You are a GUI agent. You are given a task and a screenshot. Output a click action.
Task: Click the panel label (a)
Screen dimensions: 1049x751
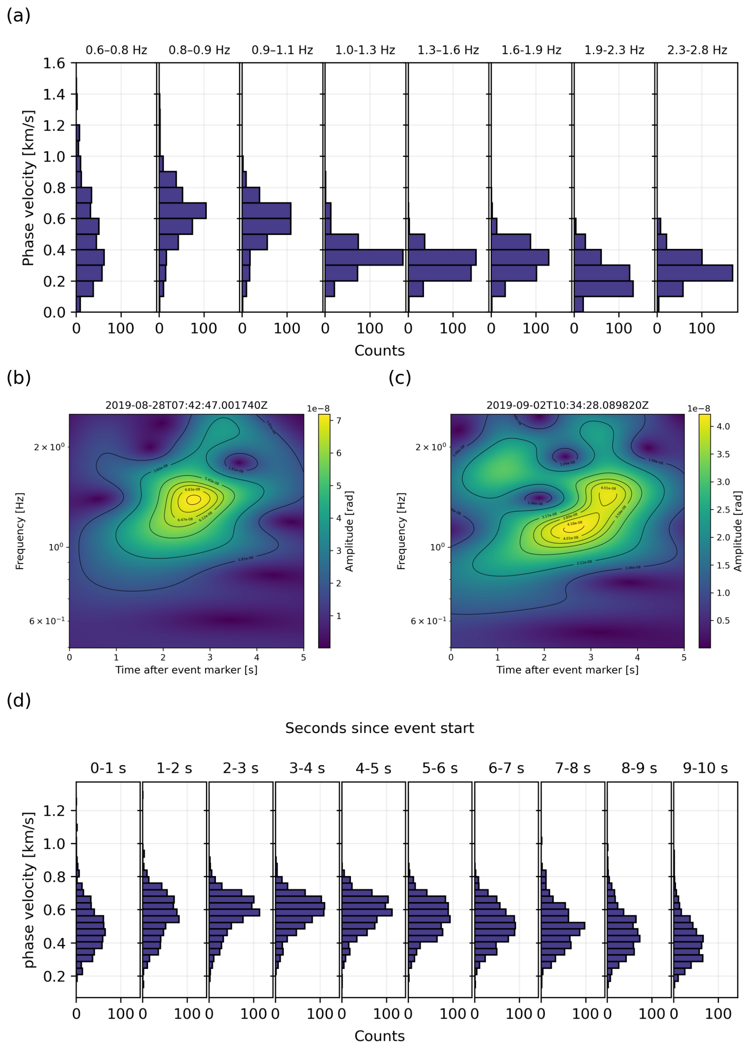pos(19,16)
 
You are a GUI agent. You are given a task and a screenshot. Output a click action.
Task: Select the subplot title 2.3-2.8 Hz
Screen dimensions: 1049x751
pos(697,50)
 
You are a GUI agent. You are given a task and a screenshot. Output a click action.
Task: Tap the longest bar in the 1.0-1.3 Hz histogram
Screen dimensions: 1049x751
pos(364,258)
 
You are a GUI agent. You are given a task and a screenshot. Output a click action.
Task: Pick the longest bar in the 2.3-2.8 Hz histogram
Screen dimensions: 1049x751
pos(695,273)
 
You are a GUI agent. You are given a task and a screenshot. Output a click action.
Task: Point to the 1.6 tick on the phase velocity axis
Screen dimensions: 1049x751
pos(54,64)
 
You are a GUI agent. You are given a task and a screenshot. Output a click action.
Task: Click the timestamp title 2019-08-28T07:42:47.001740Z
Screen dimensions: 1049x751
pos(187,406)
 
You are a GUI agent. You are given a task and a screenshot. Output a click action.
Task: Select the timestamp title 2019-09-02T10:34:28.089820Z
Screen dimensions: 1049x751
pos(567,406)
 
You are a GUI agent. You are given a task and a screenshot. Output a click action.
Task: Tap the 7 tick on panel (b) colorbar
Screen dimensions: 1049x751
pos(339,421)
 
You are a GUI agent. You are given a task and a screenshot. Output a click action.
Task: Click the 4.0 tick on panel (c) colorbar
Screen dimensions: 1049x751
pos(723,426)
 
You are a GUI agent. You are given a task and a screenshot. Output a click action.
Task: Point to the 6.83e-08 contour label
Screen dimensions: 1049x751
pos(193,489)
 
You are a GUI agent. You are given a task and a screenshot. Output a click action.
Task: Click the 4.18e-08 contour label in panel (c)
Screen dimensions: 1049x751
pos(575,524)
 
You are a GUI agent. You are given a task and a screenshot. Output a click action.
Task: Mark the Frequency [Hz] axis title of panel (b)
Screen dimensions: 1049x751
pos(20,531)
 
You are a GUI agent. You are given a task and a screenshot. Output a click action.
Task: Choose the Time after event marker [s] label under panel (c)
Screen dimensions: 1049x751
pos(567,670)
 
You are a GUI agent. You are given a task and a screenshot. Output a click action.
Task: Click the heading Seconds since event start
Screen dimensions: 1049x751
pos(379,728)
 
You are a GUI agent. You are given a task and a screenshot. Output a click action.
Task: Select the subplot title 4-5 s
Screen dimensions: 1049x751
pos(373,768)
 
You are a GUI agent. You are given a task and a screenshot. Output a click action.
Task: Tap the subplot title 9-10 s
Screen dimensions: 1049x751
pos(705,768)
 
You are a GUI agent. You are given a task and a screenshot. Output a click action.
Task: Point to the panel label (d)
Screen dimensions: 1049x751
pos(19,701)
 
